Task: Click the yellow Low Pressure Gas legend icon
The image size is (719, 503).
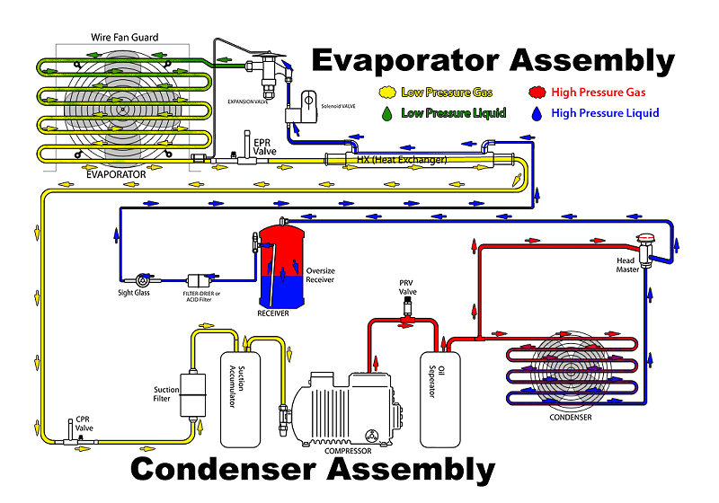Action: [x=388, y=92]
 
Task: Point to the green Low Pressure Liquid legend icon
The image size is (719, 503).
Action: [x=387, y=113]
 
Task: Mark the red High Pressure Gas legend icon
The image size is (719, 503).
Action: [x=537, y=92]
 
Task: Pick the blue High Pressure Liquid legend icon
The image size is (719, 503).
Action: [x=537, y=113]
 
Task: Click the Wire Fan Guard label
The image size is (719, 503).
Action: [x=125, y=37]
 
